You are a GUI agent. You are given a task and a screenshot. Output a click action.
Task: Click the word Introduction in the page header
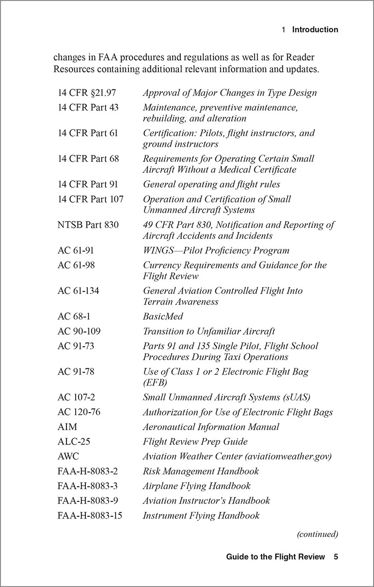(315, 30)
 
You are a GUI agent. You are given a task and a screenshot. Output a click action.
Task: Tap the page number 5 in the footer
(336, 557)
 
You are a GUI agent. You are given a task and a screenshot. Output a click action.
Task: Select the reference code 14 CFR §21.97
(87, 93)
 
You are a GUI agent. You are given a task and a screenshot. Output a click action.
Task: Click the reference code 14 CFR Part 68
(88, 159)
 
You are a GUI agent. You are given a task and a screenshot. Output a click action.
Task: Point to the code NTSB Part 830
(88, 225)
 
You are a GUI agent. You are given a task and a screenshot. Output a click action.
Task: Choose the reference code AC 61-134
(78, 291)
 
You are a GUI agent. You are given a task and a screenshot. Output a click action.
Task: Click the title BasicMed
(163, 317)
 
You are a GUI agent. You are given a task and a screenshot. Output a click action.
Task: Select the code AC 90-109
(79, 331)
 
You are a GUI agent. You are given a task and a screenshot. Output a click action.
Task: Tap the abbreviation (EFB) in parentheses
(155, 382)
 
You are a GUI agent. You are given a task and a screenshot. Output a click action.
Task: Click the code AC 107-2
(76, 398)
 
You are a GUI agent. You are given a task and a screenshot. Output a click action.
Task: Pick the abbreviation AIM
(67, 427)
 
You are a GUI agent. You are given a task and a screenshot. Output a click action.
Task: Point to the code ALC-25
(73, 442)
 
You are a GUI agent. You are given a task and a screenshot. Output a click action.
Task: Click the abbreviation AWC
(68, 457)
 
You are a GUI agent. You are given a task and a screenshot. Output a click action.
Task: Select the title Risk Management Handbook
(201, 471)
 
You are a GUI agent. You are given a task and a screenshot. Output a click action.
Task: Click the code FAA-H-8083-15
(90, 515)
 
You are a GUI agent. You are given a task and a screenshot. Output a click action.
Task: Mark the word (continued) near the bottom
(317, 534)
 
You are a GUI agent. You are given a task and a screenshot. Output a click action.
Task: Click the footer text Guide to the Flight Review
(275, 557)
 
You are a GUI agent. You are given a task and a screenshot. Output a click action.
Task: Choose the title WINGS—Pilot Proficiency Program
(216, 251)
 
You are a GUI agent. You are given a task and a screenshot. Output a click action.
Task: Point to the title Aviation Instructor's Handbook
(206, 501)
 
